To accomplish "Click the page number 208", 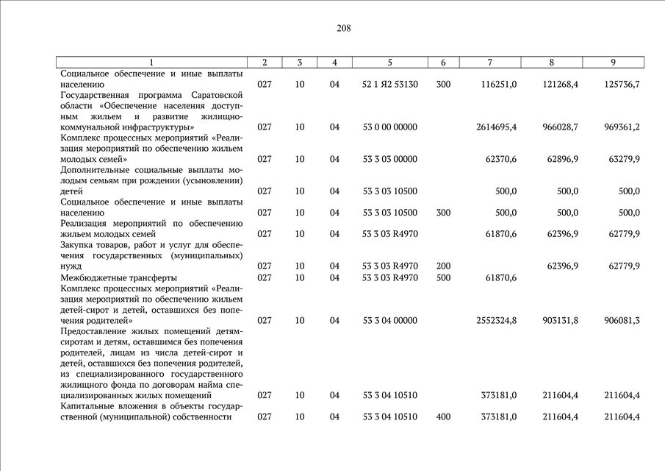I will [344, 29].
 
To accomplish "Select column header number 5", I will [389, 63].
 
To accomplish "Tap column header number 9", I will [613, 63].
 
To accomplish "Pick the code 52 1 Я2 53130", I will [390, 85].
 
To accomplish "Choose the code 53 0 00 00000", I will [389, 127].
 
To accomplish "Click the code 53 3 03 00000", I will [389, 159].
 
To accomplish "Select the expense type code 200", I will [443, 266].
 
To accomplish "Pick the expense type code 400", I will [443, 417].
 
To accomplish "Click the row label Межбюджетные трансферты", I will [118, 278].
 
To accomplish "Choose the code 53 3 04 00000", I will [389, 321].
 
